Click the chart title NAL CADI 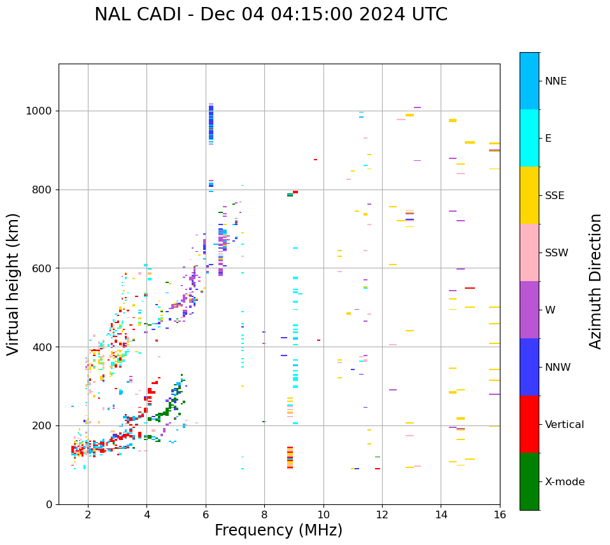(271, 15)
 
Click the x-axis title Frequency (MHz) (278, 530)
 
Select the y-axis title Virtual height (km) (13, 284)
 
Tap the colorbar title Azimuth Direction (595, 281)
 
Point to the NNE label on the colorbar (555, 81)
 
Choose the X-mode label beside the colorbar (564, 482)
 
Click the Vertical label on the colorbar (564, 425)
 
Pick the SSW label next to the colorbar (556, 253)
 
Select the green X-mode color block (529, 481)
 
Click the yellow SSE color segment (529, 195)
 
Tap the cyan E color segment (529, 138)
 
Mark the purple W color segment (529, 310)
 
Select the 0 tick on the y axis (49, 504)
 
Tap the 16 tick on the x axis (500, 514)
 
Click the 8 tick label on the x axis (264, 514)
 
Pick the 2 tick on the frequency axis (88, 514)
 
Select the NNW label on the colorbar (557, 368)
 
